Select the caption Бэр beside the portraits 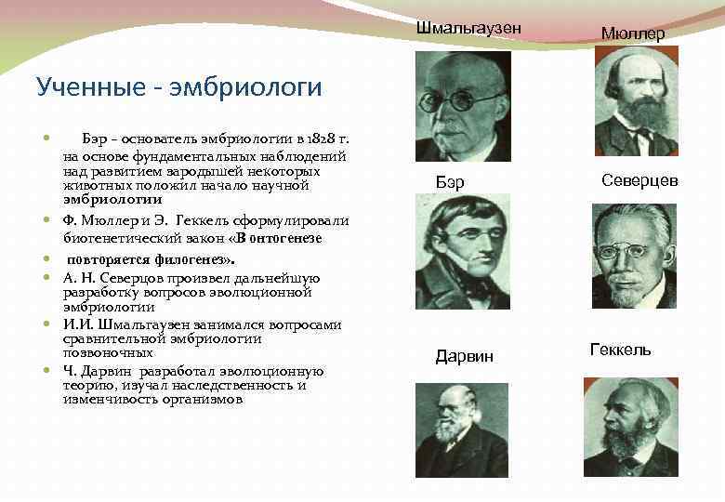tap(450, 181)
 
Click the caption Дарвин tap(465, 357)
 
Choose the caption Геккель tap(620, 350)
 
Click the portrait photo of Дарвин tap(461, 430)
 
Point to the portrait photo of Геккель tap(631, 427)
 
